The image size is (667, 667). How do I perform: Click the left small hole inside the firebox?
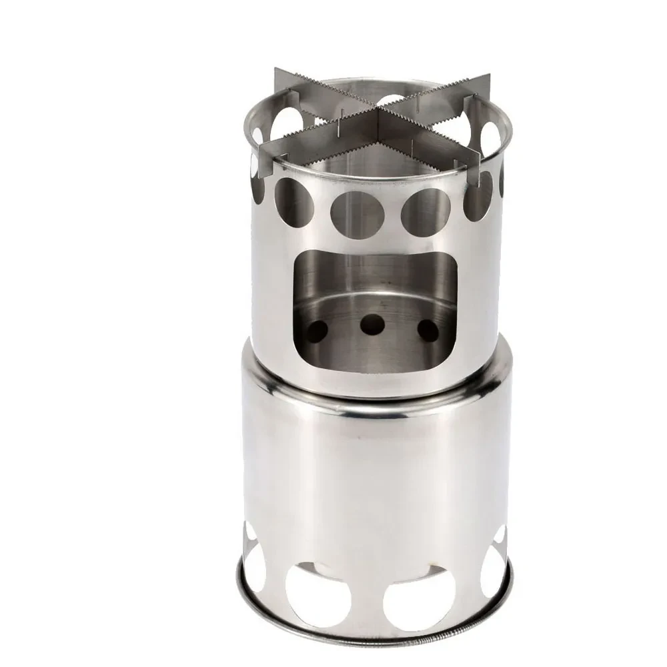pos(319,328)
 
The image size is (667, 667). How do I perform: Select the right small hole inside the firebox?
pos(428,329)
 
